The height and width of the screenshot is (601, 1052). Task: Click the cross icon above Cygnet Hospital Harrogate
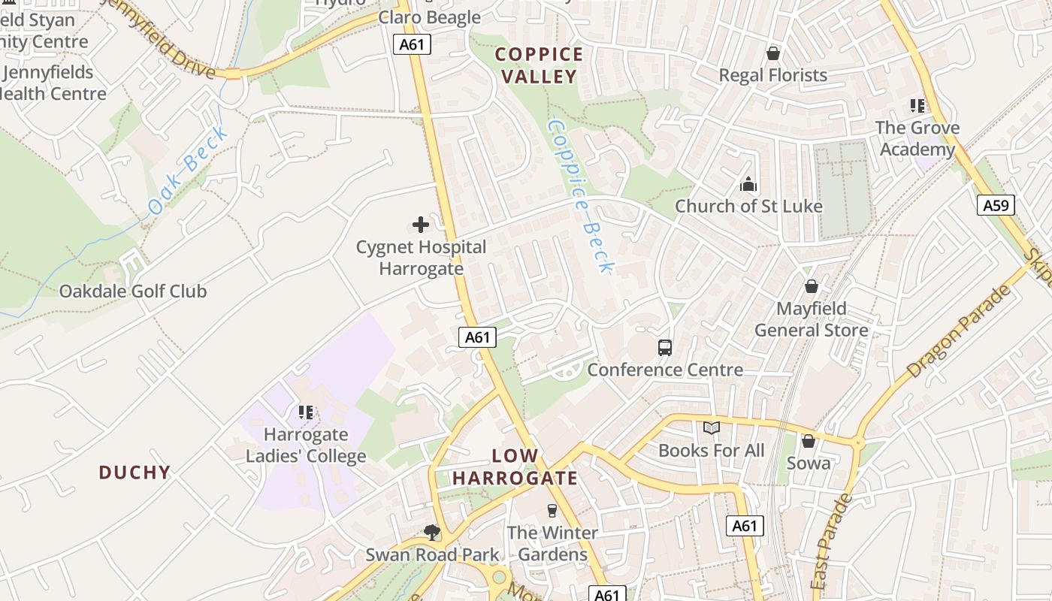coord(421,224)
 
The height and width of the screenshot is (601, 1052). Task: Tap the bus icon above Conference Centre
coord(665,347)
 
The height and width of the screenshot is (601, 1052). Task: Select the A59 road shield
coord(996,205)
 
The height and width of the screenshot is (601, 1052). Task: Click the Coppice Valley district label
coord(539,65)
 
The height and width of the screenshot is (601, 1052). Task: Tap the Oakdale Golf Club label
coord(133,291)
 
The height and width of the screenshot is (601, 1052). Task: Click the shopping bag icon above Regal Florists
coord(772,53)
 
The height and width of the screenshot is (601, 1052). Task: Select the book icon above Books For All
coord(711,428)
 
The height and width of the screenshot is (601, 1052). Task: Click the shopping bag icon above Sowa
coord(809,441)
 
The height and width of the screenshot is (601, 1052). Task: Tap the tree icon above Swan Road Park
coord(432,533)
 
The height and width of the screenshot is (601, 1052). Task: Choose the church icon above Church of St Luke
coord(748,184)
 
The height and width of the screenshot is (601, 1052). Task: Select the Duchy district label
coord(135,473)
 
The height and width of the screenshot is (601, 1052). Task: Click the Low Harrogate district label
coord(515,467)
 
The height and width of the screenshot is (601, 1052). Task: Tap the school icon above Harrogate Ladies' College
coord(306,412)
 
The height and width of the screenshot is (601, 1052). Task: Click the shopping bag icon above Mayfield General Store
coord(811,286)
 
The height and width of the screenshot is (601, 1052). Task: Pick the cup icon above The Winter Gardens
coord(552,511)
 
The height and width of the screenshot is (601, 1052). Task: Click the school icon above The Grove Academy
coord(917,105)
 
